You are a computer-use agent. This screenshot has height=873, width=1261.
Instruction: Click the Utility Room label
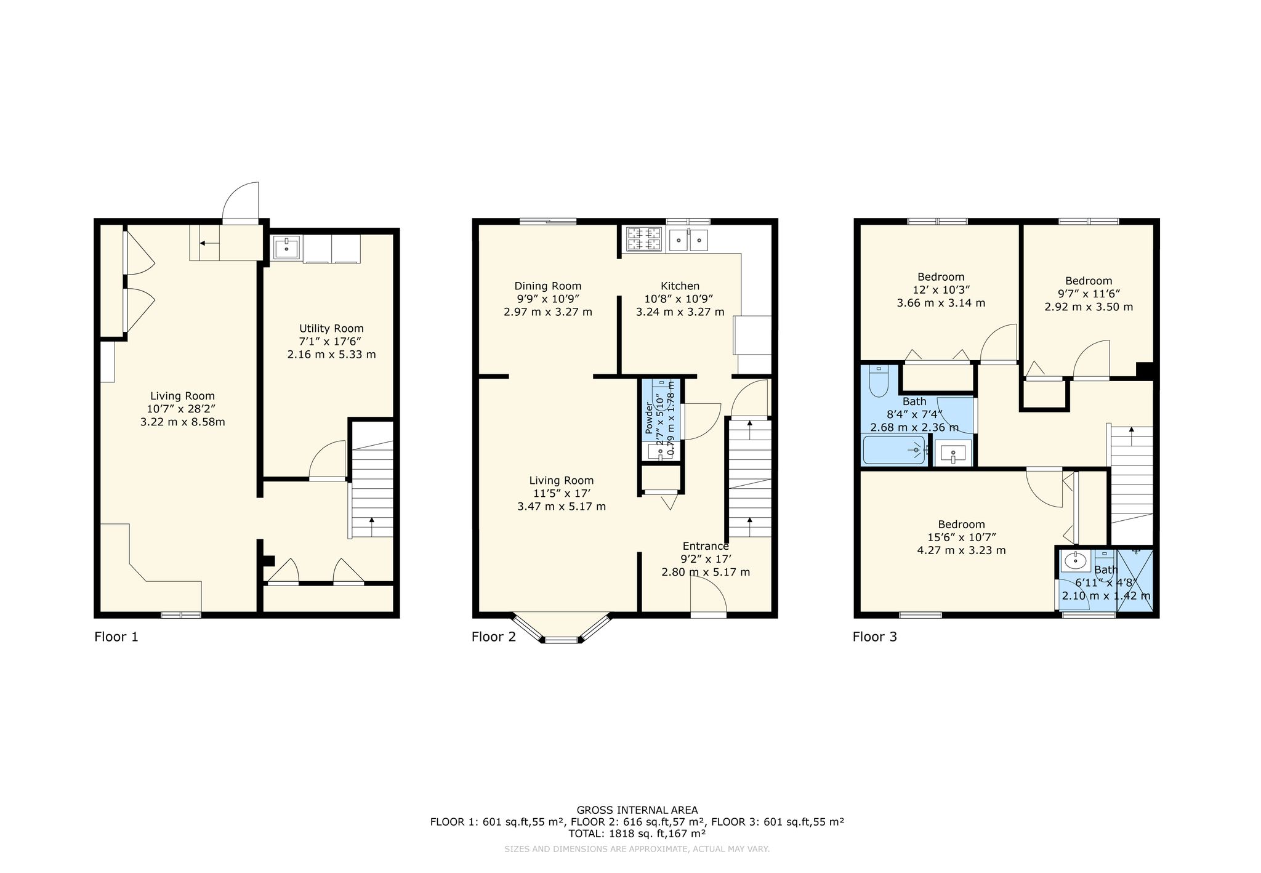(x=331, y=328)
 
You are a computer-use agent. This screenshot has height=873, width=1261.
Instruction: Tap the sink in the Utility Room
(x=287, y=249)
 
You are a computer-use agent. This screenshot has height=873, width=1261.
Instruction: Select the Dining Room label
(x=547, y=286)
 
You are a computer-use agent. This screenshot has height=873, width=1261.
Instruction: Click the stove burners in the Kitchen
(x=645, y=239)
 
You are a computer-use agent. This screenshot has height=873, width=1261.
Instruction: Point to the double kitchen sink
(x=690, y=239)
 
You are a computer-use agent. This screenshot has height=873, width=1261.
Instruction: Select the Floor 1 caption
(x=116, y=637)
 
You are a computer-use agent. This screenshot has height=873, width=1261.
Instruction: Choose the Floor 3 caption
(x=874, y=637)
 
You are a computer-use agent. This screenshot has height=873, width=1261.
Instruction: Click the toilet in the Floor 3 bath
(x=878, y=381)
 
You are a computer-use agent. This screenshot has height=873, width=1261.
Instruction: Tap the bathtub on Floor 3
(x=895, y=450)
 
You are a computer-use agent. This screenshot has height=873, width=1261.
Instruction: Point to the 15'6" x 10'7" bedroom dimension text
(x=961, y=537)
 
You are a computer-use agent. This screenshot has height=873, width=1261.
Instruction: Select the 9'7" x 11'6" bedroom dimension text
(x=1089, y=294)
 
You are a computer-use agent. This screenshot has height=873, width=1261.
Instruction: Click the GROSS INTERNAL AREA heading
(x=637, y=810)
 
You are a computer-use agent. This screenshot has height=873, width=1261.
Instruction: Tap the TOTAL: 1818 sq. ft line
(x=637, y=834)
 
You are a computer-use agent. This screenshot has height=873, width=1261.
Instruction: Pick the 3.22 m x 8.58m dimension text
(x=182, y=422)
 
